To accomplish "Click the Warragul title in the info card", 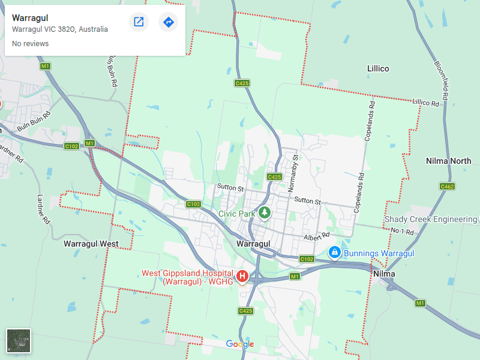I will point(30,18).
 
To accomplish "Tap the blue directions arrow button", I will point(169,22).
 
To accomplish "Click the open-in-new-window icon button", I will point(139,22).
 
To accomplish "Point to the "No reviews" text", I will point(30,44).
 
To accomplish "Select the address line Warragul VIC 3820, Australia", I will point(60,29).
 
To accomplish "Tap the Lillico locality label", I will point(378,69).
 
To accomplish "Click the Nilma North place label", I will point(448,161).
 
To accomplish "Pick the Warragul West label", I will point(91,244).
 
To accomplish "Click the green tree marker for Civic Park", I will point(264,213).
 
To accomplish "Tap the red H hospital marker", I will point(242,276).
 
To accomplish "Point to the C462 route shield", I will point(447,187).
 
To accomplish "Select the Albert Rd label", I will point(317,236).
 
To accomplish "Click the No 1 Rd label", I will point(403,231).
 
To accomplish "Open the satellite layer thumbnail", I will point(18,340).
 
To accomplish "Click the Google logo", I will point(240,344).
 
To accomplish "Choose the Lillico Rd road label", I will point(425,103).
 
